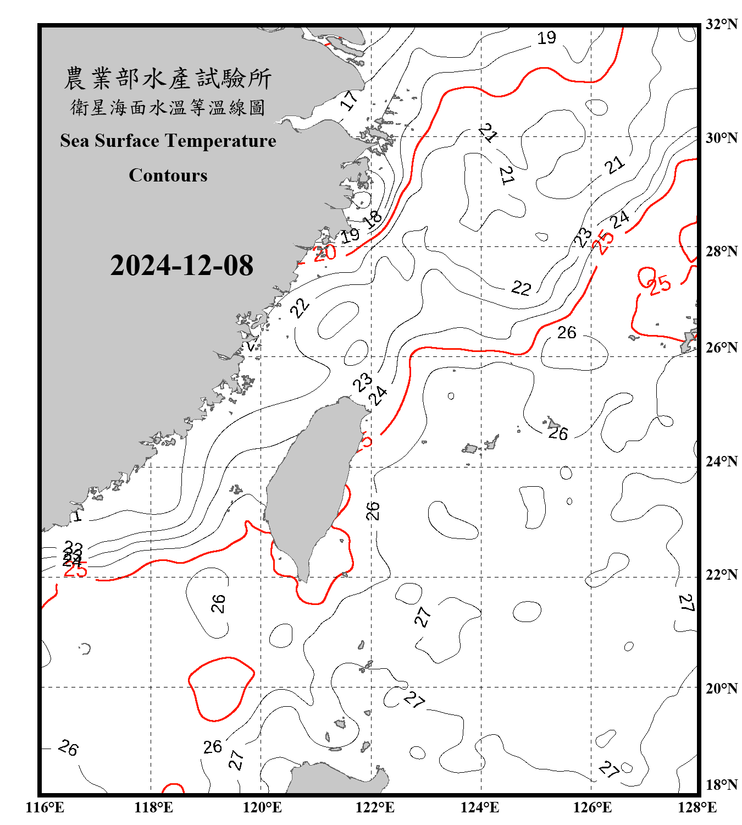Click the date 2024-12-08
coord(181,265)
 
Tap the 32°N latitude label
coord(721,24)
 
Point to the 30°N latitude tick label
coord(721,137)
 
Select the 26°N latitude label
coord(721,347)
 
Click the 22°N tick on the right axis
coord(721,575)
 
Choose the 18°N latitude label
coord(721,784)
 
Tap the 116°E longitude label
coord(45,807)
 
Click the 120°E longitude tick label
coord(262,807)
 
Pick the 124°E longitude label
coord(480,807)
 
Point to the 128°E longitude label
coord(697,807)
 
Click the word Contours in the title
coord(168,175)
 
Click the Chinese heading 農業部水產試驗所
coord(168,78)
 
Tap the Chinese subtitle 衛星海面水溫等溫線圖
coord(168,107)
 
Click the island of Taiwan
coord(311,484)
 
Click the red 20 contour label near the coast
coord(324,253)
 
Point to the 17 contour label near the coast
coord(348,100)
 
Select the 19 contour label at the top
coord(546,38)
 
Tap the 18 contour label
coord(373,219)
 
